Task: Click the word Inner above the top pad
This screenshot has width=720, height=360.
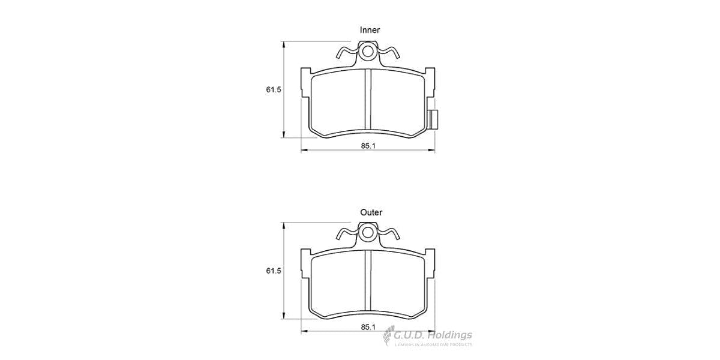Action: coord(370,29)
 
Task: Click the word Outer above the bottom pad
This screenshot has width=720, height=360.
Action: coord(371,212)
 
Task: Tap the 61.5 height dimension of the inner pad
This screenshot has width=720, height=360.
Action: coord(274,89)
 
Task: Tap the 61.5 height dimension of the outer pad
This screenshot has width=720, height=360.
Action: coord(274,272)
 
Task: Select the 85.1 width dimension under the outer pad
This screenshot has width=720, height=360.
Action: coord(368,326)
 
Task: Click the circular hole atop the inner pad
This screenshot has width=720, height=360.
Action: coord(367,51)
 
